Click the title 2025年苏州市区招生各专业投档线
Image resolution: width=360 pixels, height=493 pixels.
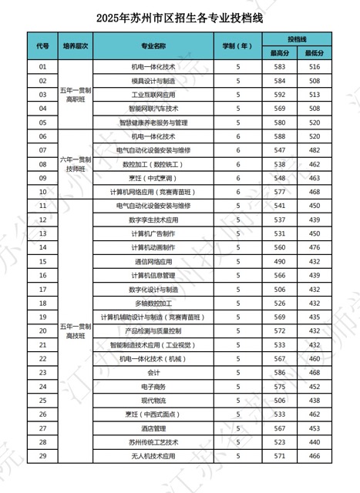pyautogui.click(x=180, y=16)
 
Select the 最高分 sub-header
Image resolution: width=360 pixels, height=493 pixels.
pyautogui.click(x=278, y=52)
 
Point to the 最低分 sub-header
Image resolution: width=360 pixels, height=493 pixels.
pyautogui.click(x=313, y=52)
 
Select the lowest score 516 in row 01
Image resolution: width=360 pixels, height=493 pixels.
pyautogui.click(x=313, y=67)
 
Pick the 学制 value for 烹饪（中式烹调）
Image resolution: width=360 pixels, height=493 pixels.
pyautogui.click(x=238, y=177)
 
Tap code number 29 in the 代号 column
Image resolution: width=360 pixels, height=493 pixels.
pyautogui.click(x=42, y=456)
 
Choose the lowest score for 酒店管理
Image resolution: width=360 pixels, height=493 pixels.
pyautogui.click(x=313, y=428)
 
